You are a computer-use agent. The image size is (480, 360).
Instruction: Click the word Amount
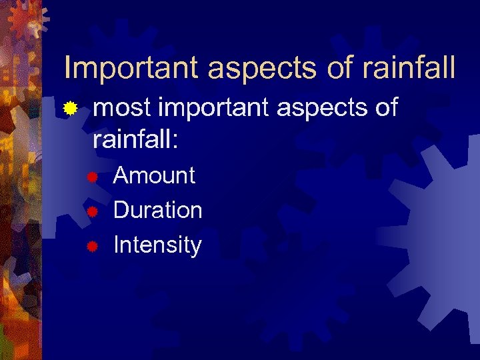(x=154, y=175)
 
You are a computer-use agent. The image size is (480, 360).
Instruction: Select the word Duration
(x=157, y=210)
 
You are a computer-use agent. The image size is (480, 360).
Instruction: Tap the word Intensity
(x=157, y=246)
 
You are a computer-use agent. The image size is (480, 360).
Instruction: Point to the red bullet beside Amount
(x=93, y=177)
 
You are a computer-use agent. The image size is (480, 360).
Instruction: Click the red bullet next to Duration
(x=93, y=211)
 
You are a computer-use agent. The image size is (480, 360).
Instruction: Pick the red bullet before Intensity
(x=93, y=246)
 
